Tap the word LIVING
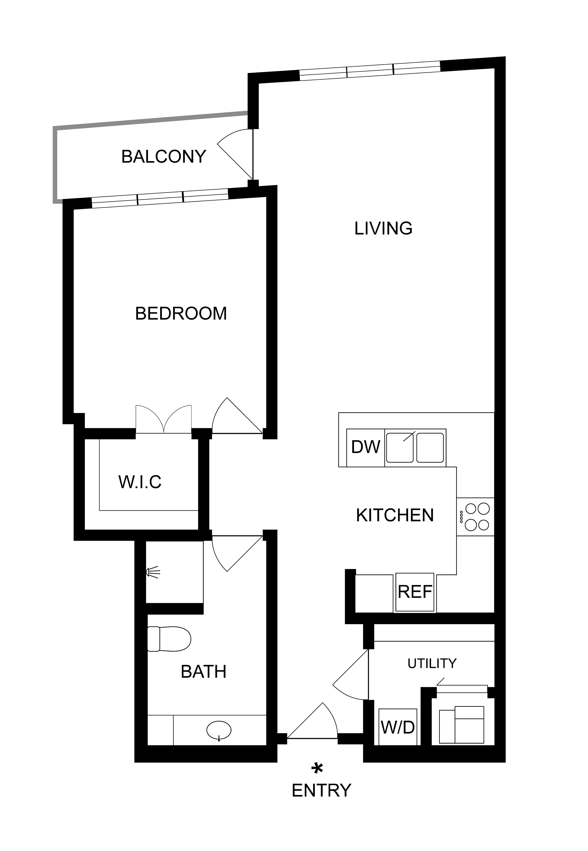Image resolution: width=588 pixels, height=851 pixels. click(383, 229)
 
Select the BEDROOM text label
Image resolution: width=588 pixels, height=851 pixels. click(181, 313)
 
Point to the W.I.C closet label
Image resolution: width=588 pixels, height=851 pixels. click(140, 482)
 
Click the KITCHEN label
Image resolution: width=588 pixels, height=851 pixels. click(395, 515)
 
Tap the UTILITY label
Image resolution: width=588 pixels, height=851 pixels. click(432, 664)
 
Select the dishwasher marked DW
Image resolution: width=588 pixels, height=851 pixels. click(365, 448)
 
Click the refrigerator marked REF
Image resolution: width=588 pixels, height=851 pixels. click(415, 592)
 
